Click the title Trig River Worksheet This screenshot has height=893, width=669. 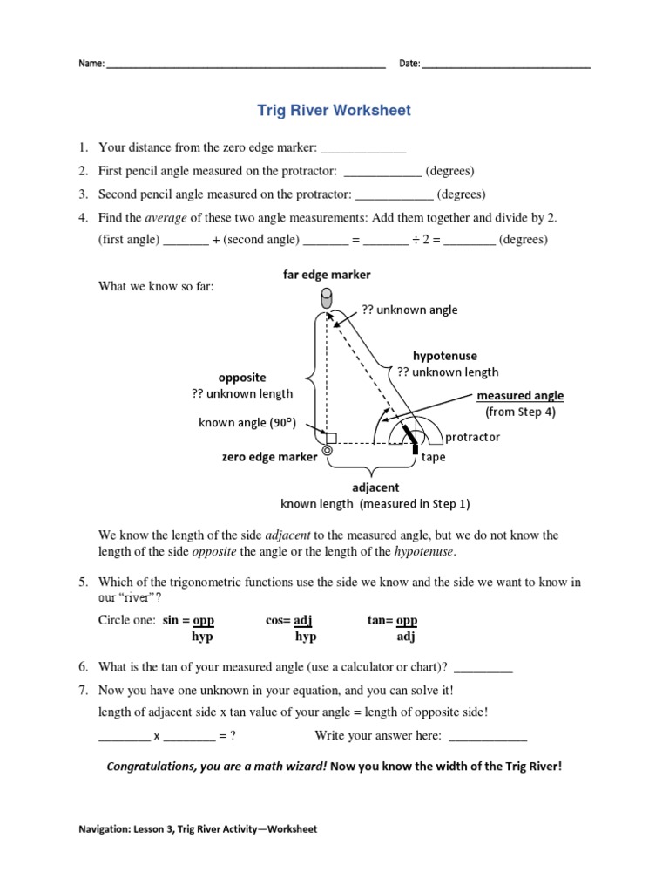pyautogui.click(x=334, y=111)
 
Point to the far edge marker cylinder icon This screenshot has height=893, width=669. pyautogui.click(x=328, y=299)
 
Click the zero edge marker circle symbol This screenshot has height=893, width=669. pyautogui.click(x=328, y=451)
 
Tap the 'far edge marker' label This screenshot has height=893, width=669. pyautogui.click(x=327, y=275)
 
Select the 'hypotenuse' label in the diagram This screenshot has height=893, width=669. pyautogui.click(x=444, y=356)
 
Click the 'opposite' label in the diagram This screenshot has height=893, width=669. pyautogui.click(x=242, y=378)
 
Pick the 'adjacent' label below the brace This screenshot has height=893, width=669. pyautogui.click(x=375, y=488)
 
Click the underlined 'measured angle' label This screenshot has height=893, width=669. pyautogui.click(x=519, y=396)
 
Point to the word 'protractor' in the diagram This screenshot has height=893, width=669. pyautogui.click(x=472, y=438)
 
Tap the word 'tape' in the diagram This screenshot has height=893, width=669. pyautogui.click(x=433, y=457)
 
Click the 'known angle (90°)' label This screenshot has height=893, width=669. pyautogui.click(x=248, y=423)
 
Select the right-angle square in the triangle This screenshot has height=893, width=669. pyautogui.click(x=331, y=437)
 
